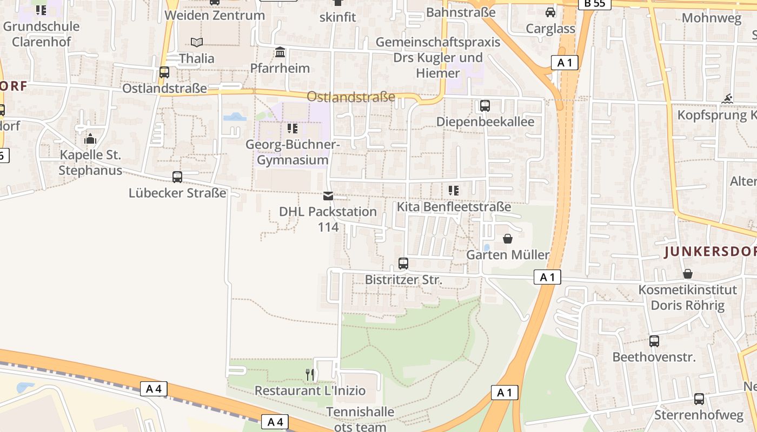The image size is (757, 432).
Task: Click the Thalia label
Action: click(197, 58)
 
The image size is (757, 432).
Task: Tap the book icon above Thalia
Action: click(197, 42)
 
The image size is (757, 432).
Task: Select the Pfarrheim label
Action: click(280, 68)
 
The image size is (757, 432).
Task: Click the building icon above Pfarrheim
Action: click(280, 52)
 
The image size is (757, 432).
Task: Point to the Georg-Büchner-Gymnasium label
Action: click(293, 152)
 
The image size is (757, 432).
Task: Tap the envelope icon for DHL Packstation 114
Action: click(328, 196)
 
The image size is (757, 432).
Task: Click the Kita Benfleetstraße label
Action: click(454, 207)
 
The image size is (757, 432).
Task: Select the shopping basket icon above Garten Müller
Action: click(508, 239)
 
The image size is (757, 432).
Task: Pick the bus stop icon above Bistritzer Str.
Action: click(403, 264)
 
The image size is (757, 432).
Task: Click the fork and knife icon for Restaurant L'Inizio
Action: click(310, 374)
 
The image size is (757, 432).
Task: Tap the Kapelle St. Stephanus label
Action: click(90, 163)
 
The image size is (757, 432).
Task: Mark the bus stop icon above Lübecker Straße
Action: click(177, 177)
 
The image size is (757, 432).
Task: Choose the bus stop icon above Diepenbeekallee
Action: click(485, 106)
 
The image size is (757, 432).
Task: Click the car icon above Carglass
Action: click(550, 12)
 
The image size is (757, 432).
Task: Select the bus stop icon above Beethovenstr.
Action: click(654, 341)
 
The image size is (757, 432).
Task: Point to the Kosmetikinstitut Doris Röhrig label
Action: click(687, 298)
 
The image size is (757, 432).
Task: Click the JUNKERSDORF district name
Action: click(710, 252)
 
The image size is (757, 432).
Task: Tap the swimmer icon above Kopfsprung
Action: click(728, 99)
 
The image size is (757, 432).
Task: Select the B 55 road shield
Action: click(594, 4)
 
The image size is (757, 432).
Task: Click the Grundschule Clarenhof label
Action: click(41, 33)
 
